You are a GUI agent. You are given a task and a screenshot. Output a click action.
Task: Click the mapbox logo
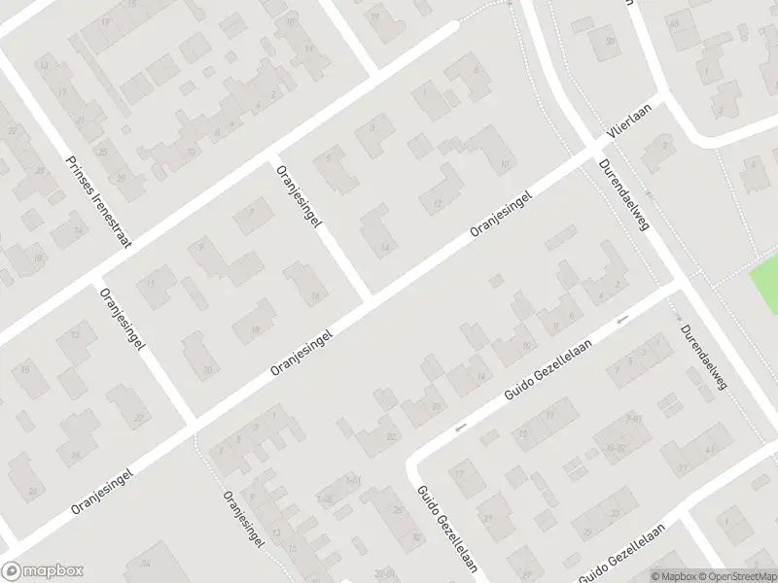pyautogui.click(x=43, y=571)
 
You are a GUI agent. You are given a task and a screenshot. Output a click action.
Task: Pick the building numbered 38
pyautogui.click(x=610, y=42)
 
